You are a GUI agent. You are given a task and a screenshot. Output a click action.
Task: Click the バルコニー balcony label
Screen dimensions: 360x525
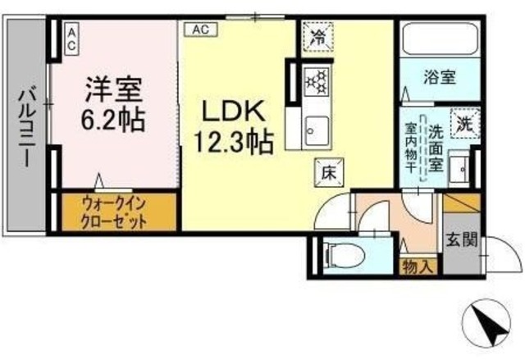click(24, 127)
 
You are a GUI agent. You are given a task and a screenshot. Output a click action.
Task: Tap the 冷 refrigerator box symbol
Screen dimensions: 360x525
click(317, 34)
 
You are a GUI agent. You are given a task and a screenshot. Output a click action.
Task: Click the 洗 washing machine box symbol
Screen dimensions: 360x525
click(465, 125)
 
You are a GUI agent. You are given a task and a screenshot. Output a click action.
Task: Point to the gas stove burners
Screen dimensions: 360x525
click(316, 81)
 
